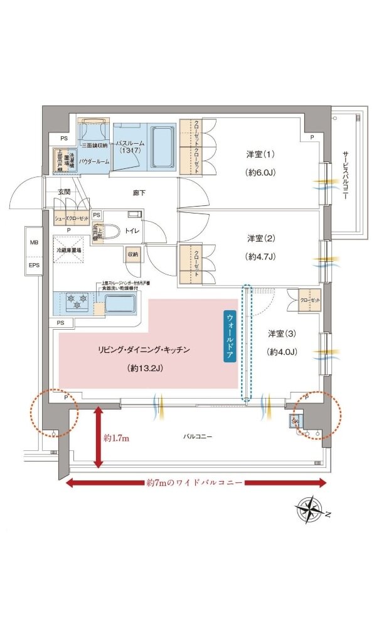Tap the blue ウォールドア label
[x=229, y=335]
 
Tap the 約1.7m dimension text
[x=116, y=438]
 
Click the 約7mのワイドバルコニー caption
[x=196, y=483]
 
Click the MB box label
[x=33, y=242]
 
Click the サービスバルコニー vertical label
[x=344, y=176]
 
